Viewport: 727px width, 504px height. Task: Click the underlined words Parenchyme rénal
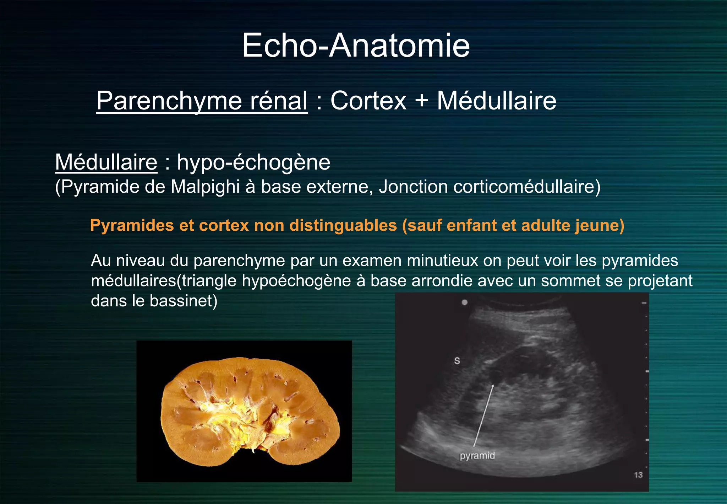click(x=202, y=101)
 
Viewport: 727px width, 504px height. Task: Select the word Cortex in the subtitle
click(x=368, y=101)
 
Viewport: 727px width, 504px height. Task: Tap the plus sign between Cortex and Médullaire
click(x=421, y=101)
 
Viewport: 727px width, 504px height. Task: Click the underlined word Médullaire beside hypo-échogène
click(x=106, y=162)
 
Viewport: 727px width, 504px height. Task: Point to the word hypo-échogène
click(x=253, y=163)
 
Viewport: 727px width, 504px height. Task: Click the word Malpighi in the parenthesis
click(x=205, y=187)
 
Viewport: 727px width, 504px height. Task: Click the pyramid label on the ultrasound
click(x=477, y=456)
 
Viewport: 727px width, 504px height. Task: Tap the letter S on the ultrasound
click(x=457, y=361)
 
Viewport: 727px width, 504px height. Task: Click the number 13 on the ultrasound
click(x=638, y=475)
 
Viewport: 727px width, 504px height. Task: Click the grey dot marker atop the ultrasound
click(x=464, y=302)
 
